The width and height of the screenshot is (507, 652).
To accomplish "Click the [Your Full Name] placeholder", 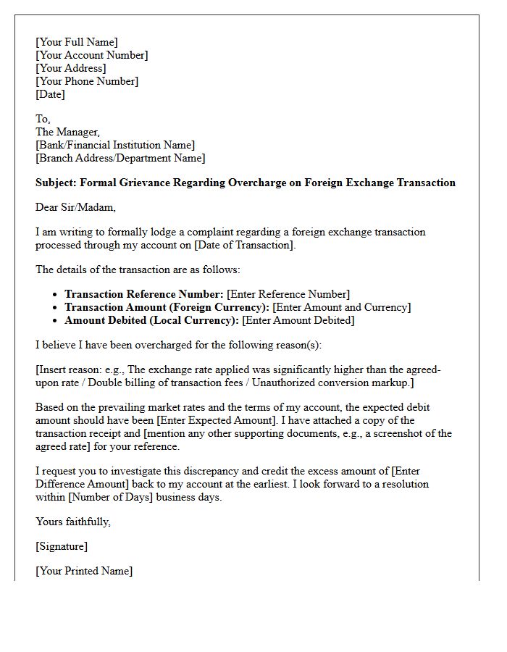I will click(76, 42).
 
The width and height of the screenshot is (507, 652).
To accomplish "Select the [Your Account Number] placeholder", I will click(91, 55).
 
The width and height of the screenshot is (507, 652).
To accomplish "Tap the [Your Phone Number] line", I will click(87, 81).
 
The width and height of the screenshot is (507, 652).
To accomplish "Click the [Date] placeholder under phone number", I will click(50, 94).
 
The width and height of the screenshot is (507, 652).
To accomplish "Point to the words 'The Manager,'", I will click(67, 132).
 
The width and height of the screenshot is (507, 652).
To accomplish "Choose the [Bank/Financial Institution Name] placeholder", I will click(115, 145).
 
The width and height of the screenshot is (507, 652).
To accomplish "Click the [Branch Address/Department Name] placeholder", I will click(120, 158).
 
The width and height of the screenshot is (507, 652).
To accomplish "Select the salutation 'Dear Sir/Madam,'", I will click(75, 207).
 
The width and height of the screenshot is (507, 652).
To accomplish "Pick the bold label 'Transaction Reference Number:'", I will click(144, 294).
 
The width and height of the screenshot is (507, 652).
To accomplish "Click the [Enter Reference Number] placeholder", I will click(288, 294).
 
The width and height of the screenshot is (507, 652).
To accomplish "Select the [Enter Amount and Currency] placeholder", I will click(341, 307).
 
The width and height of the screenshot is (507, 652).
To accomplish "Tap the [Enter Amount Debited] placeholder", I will click(298, 320).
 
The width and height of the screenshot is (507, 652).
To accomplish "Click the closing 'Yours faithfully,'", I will click(73, 522).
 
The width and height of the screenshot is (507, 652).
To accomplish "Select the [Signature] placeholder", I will click(62, 546).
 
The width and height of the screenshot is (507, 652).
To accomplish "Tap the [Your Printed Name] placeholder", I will click(84, 571).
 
